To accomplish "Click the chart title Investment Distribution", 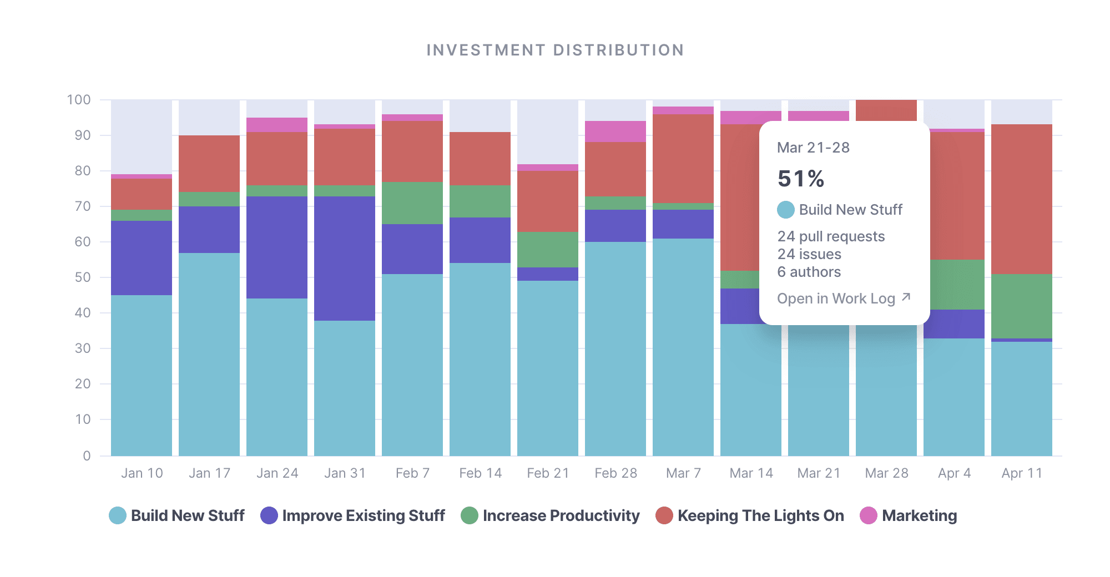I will (x=555, y=50).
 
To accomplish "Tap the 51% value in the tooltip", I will (x=801, y=179).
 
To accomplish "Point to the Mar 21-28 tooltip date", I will (x=813, y=148).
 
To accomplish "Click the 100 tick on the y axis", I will (x=79, y=100).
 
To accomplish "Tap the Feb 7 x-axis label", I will (x=412, y=473).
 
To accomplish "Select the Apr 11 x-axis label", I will (x=1022, y=473).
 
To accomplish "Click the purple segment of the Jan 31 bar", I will (x=345, y=258).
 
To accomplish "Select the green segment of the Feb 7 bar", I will (x=412, y=203).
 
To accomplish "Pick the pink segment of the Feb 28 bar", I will (x=615, y=131).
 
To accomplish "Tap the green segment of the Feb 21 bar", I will (x=548, y=250).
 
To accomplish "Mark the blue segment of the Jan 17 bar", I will (x=209, y=355).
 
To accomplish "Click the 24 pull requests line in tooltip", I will (x=831, y=236).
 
